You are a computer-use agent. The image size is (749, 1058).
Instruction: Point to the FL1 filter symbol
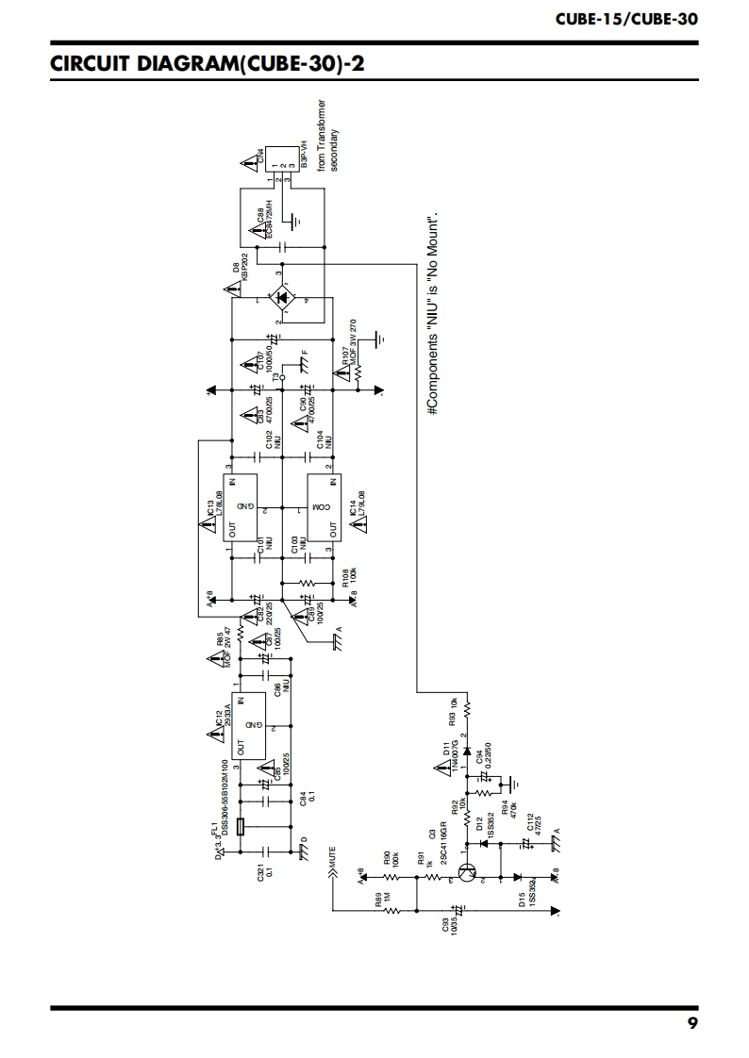coord(241,829)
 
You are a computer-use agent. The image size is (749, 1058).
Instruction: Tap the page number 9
coord(692,1024)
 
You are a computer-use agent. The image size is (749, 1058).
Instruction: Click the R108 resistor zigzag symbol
coord(308,583)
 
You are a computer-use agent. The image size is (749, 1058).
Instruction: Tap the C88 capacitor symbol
coord(280,246)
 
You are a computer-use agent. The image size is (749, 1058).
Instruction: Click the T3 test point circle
coord(282,376)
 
